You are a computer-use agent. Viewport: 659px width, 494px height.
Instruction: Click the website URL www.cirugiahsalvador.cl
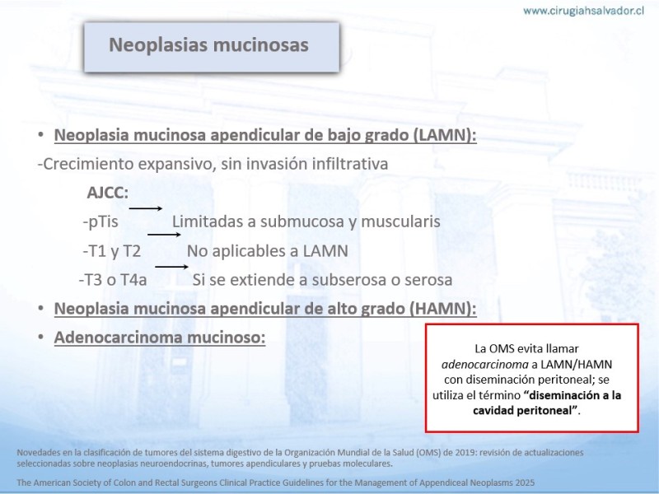pos(583,11)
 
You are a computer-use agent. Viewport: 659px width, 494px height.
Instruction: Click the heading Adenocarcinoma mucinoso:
pos(160,338)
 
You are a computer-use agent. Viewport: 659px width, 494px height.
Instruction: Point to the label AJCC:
pos(108,193)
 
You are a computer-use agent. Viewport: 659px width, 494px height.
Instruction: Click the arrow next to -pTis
pos(146,208)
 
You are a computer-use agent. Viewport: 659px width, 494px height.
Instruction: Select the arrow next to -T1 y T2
pos(164,235)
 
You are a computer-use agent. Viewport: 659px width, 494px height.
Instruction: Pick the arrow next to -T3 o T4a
pos(171,267)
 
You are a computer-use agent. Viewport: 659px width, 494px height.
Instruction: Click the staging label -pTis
pos(100,221)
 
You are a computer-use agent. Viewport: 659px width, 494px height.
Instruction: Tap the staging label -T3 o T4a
pos(113,280)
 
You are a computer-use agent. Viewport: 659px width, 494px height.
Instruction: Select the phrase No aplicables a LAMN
pos(268,251)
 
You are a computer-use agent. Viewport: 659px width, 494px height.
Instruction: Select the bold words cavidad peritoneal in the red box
pos(523,410)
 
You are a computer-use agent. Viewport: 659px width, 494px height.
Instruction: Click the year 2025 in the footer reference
pos(525,482)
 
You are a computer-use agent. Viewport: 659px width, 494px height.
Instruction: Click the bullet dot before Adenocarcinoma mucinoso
pos(40,337)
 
